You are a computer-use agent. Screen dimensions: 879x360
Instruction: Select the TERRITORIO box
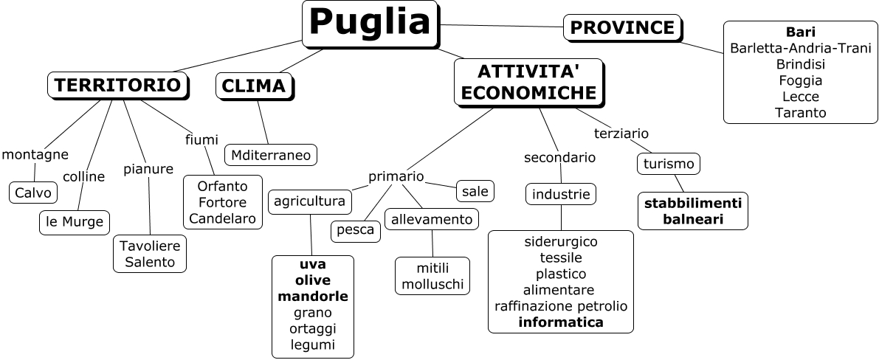pyautogui.click(x=117, y=86)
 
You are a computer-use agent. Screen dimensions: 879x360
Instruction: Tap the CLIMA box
pyautogui.click(x=253, y=86)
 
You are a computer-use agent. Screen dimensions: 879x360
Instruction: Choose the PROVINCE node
pyautogui.click(x=622, y=28)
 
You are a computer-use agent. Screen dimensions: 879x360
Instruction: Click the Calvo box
pyautogui.click(x=33, y=193)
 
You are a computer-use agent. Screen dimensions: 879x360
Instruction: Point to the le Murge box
pyautogui.click(x=74, y=222)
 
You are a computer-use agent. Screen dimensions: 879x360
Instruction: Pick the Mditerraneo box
pyautogui.click(x=271, y=155)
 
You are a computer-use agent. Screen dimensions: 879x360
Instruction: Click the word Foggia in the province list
pyautogui.click(x=800, y=80)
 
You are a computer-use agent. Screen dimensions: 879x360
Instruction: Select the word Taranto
pyautogui.click(x=800, y=113)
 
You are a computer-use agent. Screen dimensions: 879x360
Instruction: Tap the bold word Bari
pyautogui.click(x=800, y=32)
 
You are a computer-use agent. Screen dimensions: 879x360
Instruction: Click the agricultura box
pyautogui.click(x=309, y=201)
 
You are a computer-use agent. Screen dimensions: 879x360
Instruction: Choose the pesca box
pyautogui.click(x=356, y=230)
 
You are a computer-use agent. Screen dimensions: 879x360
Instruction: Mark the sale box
pyautogui.click(x=475, y=191)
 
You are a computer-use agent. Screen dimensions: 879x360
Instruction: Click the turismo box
pyautogui.click(x=669, y=164)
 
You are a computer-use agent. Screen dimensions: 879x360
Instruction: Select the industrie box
pyautogui.click(x=561, y=195)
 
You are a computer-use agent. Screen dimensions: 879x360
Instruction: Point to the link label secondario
pyautogui.click(x=559, y=157)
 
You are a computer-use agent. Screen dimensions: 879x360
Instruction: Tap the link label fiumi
pyautogui.click(x=201, y=139)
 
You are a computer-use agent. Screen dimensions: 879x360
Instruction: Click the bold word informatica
pyautogui.click(x=561, y=322)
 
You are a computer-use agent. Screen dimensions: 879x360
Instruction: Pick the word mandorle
pyautogui.click(x=312, y=297)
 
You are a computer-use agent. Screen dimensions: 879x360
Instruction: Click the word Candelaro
pyautogui.click(x=222, y=218)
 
